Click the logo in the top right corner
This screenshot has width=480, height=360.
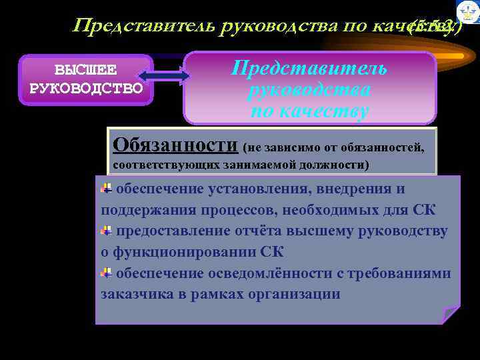[x=467, y=11]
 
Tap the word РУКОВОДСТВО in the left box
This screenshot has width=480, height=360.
[x=87, y=87]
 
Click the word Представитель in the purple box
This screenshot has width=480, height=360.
[x=309, y=68]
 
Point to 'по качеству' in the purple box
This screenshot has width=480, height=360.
[x=309, y=112]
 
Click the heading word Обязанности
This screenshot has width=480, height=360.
[x=175, y=144]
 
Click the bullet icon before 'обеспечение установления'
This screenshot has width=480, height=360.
[x=105, y=189]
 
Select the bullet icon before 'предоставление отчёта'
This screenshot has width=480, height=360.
[x=105, y=231]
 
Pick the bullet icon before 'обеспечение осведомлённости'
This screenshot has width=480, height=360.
[x=105, y=273]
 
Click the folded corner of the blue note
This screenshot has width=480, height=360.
[x=451, y=315]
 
